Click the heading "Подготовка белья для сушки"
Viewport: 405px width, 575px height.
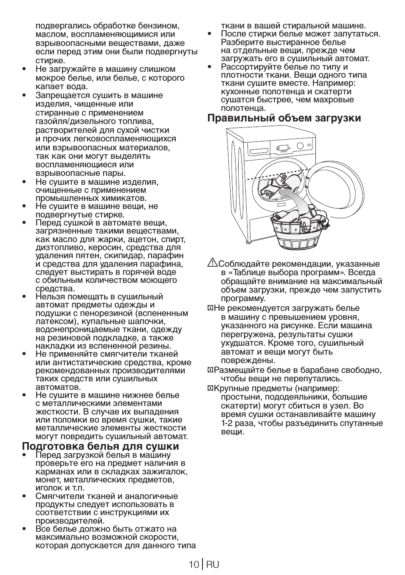point(101,446)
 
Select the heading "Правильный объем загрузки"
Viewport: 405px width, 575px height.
point(284,118)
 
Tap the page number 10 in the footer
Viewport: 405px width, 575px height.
point(194,564)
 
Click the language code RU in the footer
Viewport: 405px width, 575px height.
point(213,564)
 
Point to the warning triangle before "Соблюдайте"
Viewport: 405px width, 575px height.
point(212,263)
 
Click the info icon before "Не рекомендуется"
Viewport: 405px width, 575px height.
point(210,308)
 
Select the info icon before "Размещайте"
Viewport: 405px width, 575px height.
point(210,370)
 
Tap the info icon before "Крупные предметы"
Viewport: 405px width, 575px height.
point(210,389)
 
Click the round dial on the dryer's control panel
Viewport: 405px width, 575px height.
point(300,146)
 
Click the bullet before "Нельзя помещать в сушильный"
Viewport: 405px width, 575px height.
point(25,296)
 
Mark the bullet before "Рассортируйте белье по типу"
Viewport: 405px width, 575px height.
point(210,67)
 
